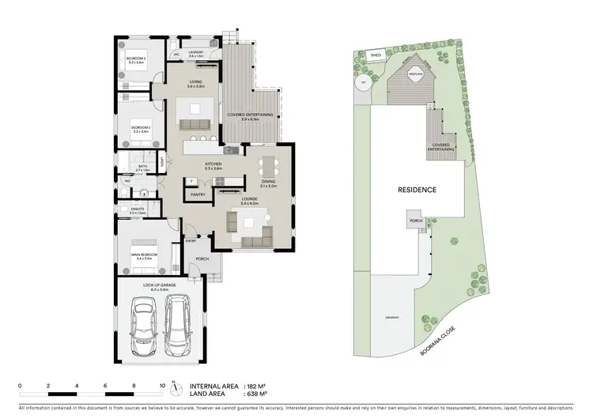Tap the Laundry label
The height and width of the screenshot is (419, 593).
195,54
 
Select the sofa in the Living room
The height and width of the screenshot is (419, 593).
195,123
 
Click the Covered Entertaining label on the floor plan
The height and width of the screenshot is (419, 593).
251,117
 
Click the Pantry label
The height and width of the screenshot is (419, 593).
198,194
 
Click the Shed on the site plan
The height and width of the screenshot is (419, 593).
376,56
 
